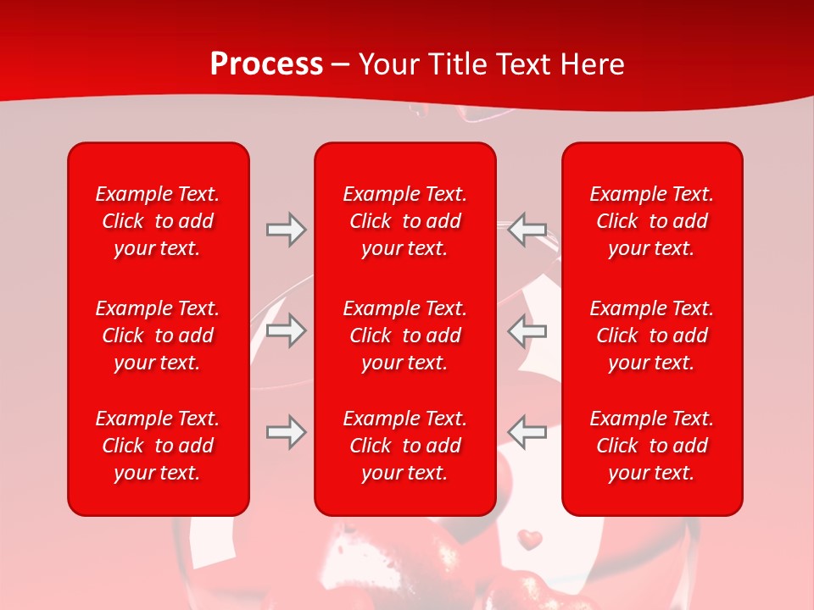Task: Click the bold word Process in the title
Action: (x=266, y=64)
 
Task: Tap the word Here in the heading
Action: (x=590, y=64)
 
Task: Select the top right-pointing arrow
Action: (x=286, y=230)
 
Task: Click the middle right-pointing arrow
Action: (x=286, y=330)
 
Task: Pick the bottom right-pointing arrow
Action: (x=286, y=432)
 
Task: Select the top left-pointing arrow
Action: (x=527, y=230)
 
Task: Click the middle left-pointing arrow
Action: (x=527, y=330)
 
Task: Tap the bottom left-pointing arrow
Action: (x=527, y=432)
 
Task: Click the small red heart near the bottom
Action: (x=530, y=538)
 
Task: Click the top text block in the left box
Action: (x=158, y=221)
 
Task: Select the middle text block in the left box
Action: (x=158, y=335)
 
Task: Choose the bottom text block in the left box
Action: (x=158, y=446)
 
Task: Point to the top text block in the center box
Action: (x=404, y=221)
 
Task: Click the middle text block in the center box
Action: (x=404, y=335)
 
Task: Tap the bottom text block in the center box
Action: (x=404, y=446)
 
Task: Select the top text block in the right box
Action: (x=652, y=221)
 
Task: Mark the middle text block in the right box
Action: (x=652, y=335)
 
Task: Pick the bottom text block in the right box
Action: (x=652, y=446)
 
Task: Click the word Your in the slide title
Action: (x=389, y=64)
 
